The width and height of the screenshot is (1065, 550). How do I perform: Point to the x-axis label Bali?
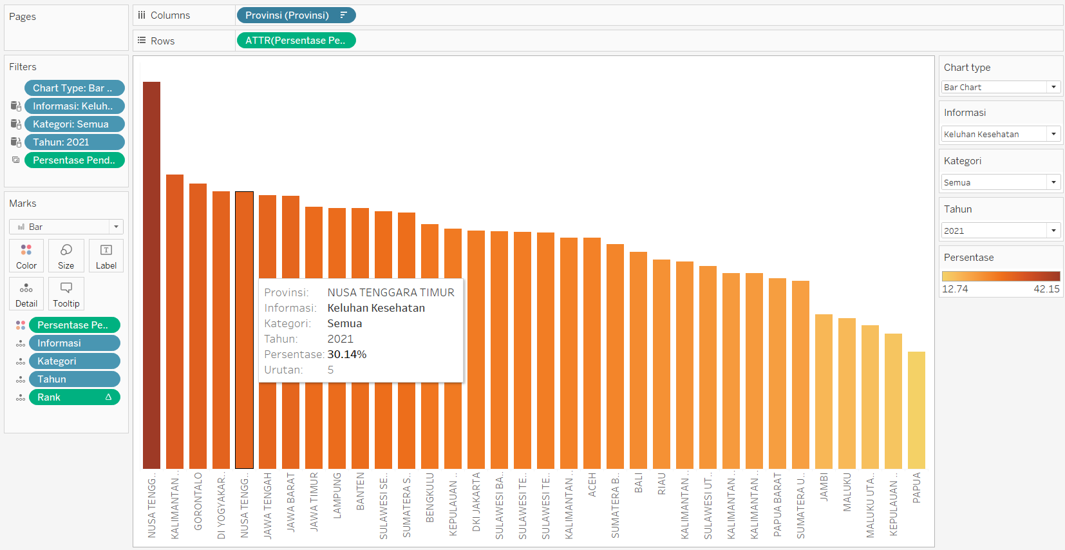638,483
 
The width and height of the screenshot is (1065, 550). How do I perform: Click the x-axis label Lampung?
337,495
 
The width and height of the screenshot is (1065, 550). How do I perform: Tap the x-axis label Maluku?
847,492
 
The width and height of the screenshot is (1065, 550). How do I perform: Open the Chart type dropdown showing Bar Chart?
1000,87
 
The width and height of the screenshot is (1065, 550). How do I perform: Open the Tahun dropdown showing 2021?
1000,231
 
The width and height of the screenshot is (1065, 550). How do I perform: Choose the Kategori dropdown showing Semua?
1000,182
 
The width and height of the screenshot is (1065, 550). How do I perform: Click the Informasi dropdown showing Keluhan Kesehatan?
1000,134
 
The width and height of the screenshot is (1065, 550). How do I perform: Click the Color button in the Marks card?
26,256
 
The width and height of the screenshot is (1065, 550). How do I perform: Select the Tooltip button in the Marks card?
66,294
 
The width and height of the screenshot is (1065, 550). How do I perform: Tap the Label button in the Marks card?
106,256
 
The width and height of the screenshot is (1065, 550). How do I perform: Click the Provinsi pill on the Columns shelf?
296,15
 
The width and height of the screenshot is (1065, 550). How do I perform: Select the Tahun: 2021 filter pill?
74,142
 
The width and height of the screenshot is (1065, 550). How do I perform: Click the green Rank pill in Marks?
74,397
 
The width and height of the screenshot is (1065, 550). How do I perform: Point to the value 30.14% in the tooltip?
347,354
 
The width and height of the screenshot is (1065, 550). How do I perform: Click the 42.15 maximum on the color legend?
1046,289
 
